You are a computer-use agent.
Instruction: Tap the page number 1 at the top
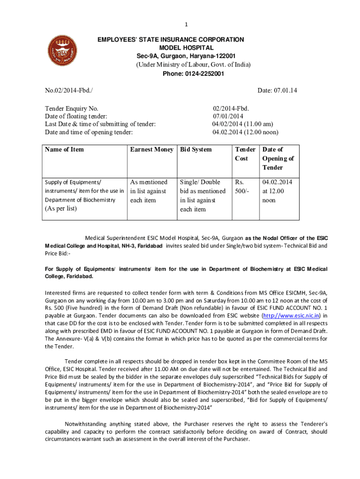coord(186,24)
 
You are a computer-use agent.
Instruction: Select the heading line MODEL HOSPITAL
coord(187,48)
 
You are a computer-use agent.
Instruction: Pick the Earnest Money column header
coord(151,149)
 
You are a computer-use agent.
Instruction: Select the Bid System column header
coord(196,149)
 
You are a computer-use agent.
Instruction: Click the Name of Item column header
coord(65,149)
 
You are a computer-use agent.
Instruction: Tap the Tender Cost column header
coord(245,154)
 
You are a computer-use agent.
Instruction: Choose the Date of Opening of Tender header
coord(278,158)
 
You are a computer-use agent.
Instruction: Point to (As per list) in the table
coord(61,209)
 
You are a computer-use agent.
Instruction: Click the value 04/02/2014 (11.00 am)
coord(243,124)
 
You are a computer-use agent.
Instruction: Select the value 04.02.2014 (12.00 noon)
coord(245,132)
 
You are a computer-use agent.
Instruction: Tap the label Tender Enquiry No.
coord(72,108)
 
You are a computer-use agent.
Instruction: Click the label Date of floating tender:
coord(76,116)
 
